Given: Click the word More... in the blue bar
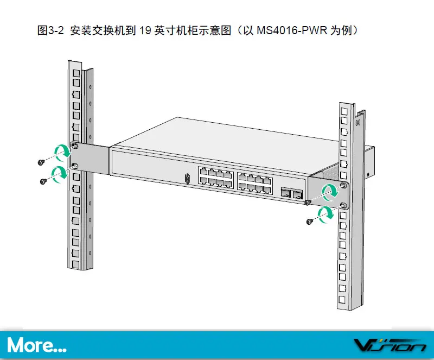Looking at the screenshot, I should click(37, 344).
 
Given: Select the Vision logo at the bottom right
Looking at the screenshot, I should click(390, 345).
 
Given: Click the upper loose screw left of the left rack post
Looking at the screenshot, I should click(41, 162).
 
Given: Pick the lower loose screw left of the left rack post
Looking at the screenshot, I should click(43, 181).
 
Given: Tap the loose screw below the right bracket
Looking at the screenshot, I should click(310, 221).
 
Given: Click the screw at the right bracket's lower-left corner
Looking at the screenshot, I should click(308, 203).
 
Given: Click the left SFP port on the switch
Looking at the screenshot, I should click(285, 192).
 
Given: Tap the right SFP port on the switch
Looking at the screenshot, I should click(296, 194).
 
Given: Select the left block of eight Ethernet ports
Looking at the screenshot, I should click(215, 176).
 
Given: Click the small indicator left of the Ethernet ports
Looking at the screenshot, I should click(187, 178).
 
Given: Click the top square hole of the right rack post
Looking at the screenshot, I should click(343, 110).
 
